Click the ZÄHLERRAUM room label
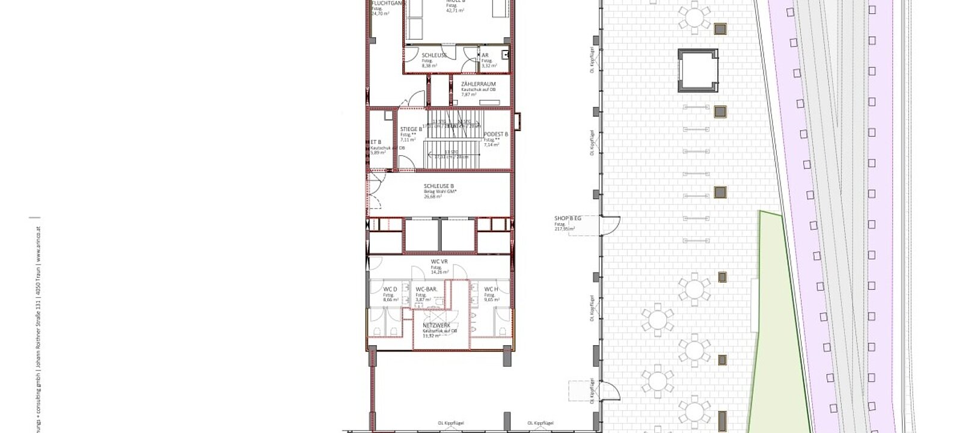tap(478, 84)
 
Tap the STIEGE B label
tap(411, 129)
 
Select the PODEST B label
tap(496, 134)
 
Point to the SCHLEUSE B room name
tap(438, 186)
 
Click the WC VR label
tap(440, 262)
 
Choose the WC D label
tap(390, 289)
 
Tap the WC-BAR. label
tap(426, 289)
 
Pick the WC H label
tap(491, 289)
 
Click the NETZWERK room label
tap(436, 325)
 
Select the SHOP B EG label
tap(568, 219)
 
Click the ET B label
tap(376, 142)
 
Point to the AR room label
tap(485, 55)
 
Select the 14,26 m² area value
tap(440, 272)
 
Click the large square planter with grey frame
tap(697, 70)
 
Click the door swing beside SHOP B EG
tap(611, 226)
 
